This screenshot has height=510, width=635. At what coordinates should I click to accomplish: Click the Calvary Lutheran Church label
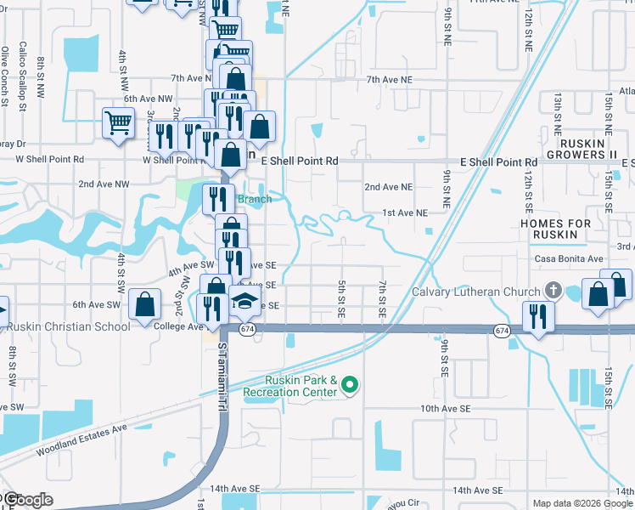(475, 292)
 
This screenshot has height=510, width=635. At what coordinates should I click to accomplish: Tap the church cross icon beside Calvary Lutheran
(554, 291)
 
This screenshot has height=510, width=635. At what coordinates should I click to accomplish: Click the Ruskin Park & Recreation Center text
(290, 387)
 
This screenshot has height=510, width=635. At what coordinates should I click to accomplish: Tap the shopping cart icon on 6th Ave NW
(118, 123)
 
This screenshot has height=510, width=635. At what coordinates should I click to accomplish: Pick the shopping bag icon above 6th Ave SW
(146, 304)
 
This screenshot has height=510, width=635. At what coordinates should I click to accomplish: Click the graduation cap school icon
(244, 302)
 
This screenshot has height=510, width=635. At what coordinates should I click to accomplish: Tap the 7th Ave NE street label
(389, 79)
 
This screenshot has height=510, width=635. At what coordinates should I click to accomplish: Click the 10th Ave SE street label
(445, 409)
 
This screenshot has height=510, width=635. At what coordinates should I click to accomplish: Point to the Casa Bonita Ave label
(569, 258)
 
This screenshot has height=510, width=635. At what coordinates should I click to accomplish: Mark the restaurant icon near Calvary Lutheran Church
(537, 317)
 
